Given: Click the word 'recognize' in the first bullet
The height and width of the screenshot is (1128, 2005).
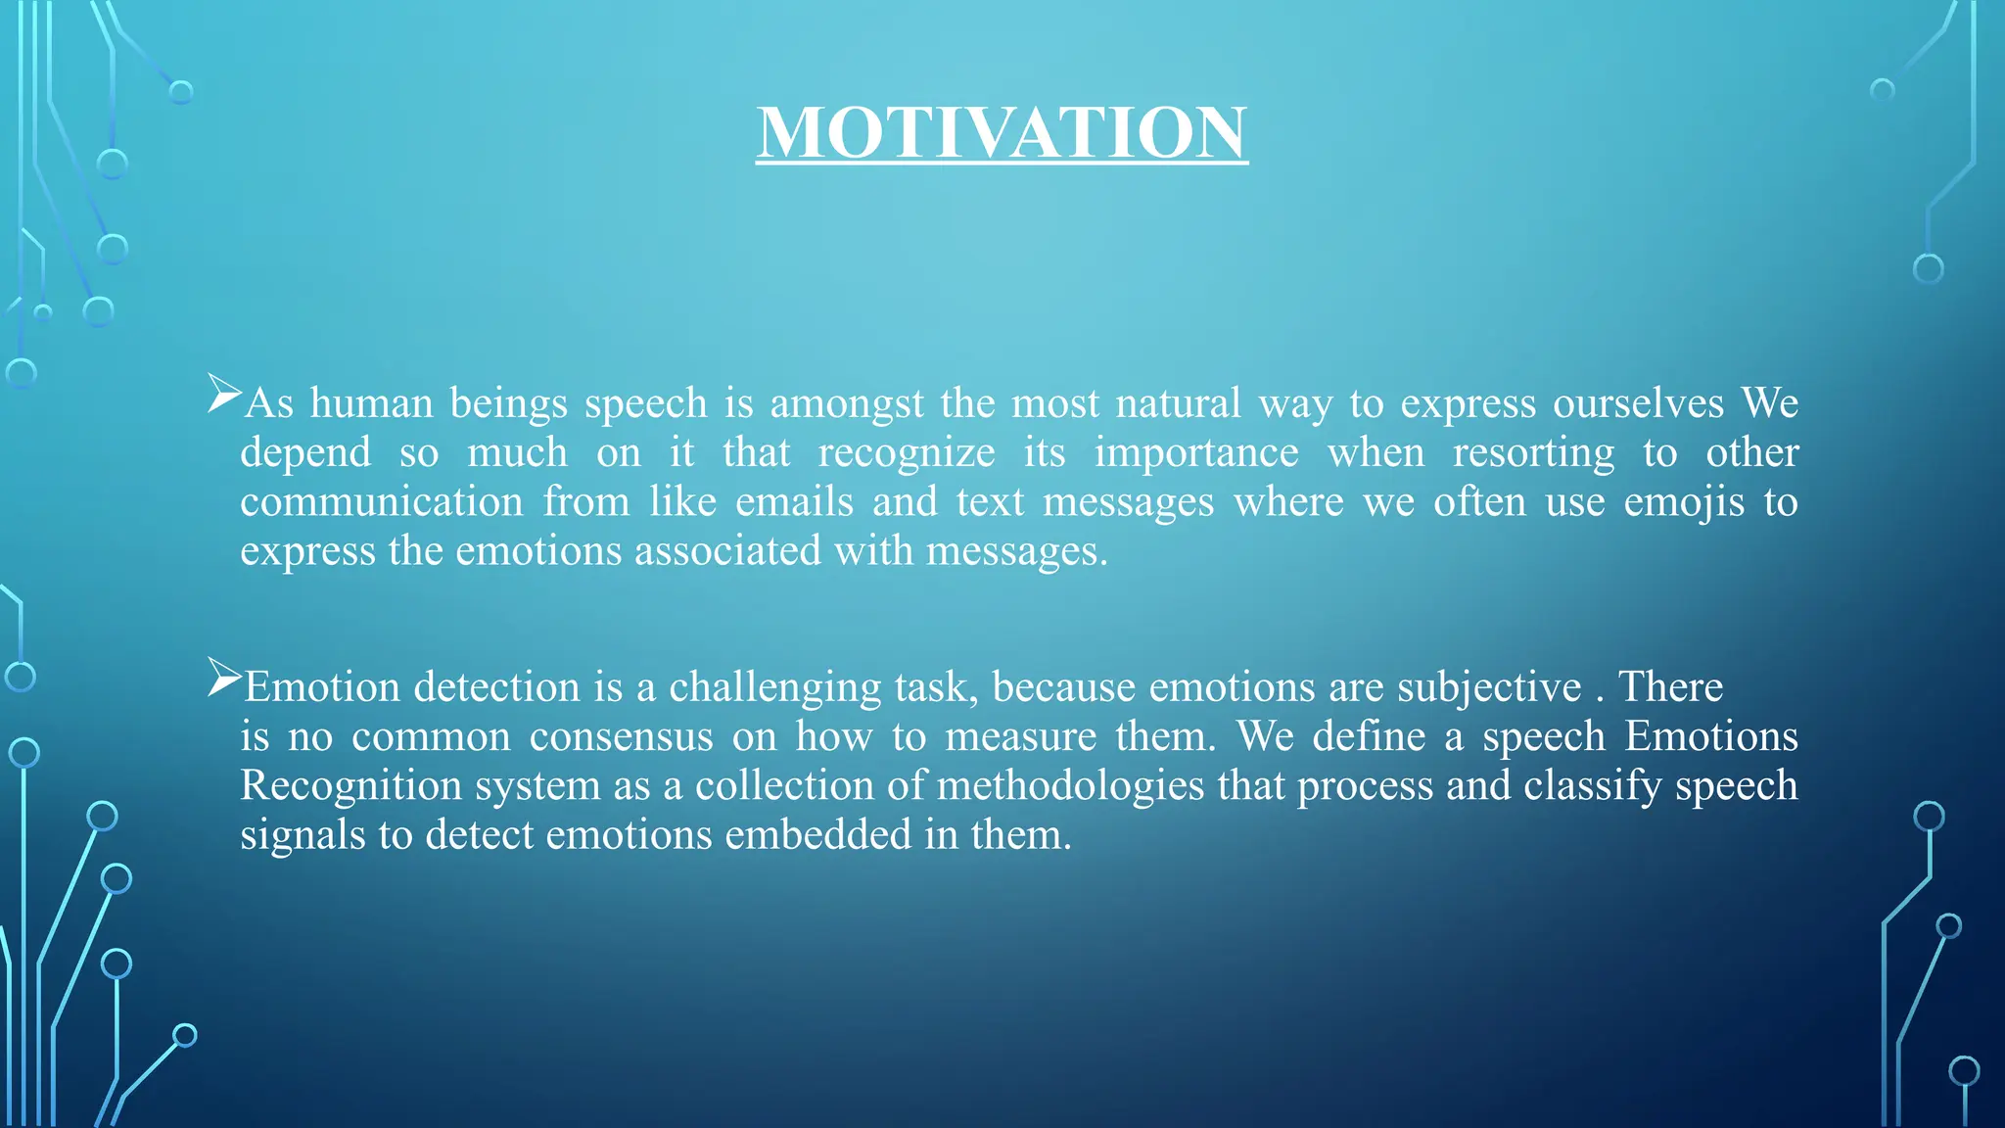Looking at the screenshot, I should click(x=906, y=453).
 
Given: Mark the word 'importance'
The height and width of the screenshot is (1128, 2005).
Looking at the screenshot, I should click(x=1196, y=453).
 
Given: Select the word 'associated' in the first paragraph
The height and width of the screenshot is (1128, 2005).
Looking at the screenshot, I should click(x=727, y=551).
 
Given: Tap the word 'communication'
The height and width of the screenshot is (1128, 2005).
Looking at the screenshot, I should click(x=382, y=502).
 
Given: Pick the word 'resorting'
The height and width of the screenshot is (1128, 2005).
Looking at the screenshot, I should click(x=1533, y=453).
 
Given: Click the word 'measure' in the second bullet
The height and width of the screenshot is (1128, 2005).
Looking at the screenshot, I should click(x=1020, y=737).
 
